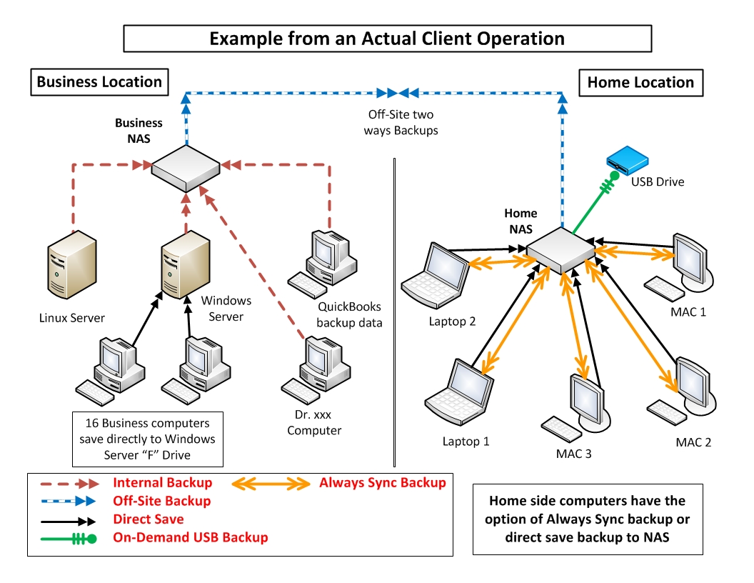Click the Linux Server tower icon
(x=71, y=267)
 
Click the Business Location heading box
(x=99, y=82)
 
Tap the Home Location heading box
(x=640, y=82)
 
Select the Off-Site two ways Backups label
(x=401, y=122)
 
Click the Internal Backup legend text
(x=162, y=483)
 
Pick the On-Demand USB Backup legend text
(x=191, y=537)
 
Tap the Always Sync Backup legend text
(x=383, y=483)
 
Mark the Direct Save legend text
(x=149, y=519)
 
